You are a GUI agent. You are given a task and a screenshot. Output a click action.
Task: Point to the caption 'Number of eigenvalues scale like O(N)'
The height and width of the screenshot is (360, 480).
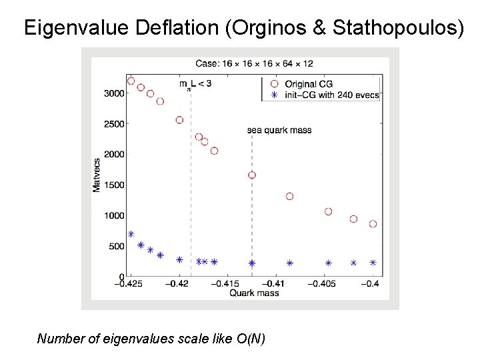tap(151, 339)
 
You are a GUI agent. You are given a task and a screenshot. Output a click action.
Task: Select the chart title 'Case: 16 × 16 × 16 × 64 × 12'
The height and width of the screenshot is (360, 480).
tap(254, 64)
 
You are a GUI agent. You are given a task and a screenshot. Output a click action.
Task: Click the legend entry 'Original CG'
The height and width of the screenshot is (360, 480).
tap(309, 84)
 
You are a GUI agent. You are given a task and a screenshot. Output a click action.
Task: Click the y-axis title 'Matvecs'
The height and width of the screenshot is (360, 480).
tap(97, 175)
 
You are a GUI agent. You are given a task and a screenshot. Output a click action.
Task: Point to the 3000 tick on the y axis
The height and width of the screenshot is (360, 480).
tap(115, 93)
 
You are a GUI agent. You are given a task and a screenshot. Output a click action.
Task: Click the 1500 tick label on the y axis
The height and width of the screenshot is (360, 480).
tap(115, 185)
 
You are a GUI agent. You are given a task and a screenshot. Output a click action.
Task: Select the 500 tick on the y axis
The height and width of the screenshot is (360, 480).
tap(117, 246)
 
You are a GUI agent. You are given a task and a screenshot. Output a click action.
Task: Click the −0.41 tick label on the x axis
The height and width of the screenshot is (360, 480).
tap(278, 285)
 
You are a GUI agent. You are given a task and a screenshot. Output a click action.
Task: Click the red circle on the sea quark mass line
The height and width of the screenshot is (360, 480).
tap(252, 175)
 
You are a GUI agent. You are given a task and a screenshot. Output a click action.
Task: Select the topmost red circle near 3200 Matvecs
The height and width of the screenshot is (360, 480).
tap(131, 81)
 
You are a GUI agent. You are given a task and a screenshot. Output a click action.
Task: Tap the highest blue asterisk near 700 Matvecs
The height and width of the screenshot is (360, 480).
tap(131, 234)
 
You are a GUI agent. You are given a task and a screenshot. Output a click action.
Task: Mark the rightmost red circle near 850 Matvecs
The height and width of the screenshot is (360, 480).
tap(373, 224)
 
